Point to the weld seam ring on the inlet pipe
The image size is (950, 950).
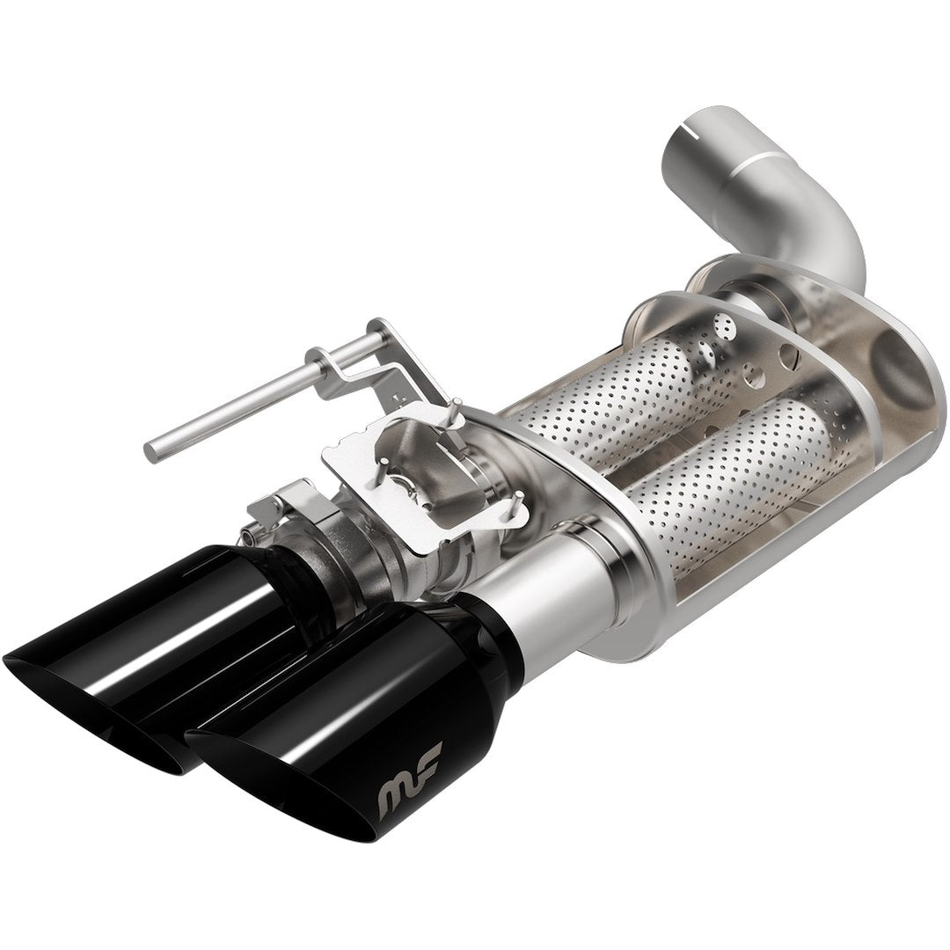(756, 167)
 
